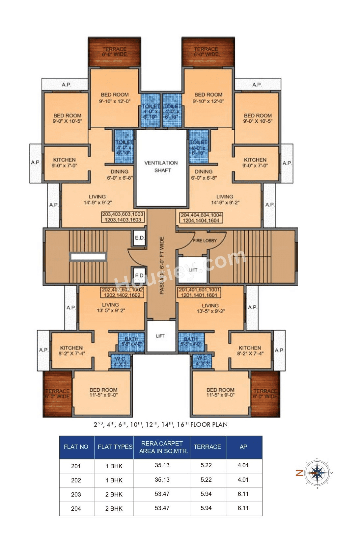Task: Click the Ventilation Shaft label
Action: click(x=161, y=167)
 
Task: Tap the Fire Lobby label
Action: click(x=205, y=241)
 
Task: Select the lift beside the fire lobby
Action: click(x=193, y=270)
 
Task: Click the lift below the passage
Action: click(x=160, y=336)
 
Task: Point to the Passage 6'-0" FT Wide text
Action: click(x=162, y=265)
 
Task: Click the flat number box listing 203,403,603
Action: click(x=123, y=217)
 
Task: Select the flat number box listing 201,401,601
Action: click(x=199, y=292)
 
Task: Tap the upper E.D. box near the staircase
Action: click(x=139, y=238)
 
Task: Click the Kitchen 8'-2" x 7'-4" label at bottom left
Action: click(x=71, y=350)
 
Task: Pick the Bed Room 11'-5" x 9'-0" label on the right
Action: click(x=220, y=392)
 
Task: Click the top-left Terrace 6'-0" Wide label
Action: click(x=114, y=52)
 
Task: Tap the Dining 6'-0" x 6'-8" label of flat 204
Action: click(x=204, y=174)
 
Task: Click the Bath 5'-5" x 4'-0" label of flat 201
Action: click(x=191, y=341)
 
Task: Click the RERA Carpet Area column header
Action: click(x=162, y=447)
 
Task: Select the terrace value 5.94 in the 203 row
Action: click(x=206, y=494)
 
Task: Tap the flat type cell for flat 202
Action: click(x=114, y=480)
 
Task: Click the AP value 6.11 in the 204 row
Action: click(x=243, y=508)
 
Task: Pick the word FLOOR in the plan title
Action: click(x=201, y=424)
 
